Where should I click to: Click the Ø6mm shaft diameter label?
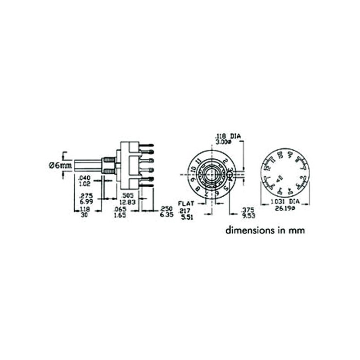pyautogui.click(x=60, y=165)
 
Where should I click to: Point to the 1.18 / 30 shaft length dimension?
pyautogui.click(x=85, y=212)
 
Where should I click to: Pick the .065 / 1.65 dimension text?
pyautogui.click(x=120, y=212)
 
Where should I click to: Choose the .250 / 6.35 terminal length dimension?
pyautogui.click(x=166, y=212)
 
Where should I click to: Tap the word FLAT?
pyautogui.click(x=186, y=203)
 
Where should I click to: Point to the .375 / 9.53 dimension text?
pyautogui.click(x=248, y=212)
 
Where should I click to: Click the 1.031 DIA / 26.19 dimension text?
pyautogui.click(x=285, y=205)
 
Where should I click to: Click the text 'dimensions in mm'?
pyautogui.click(x=265, y=230)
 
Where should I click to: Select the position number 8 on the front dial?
pyautogui.click(x=198, y=189)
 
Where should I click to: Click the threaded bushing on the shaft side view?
pyautogui.click(x=108, y=165)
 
